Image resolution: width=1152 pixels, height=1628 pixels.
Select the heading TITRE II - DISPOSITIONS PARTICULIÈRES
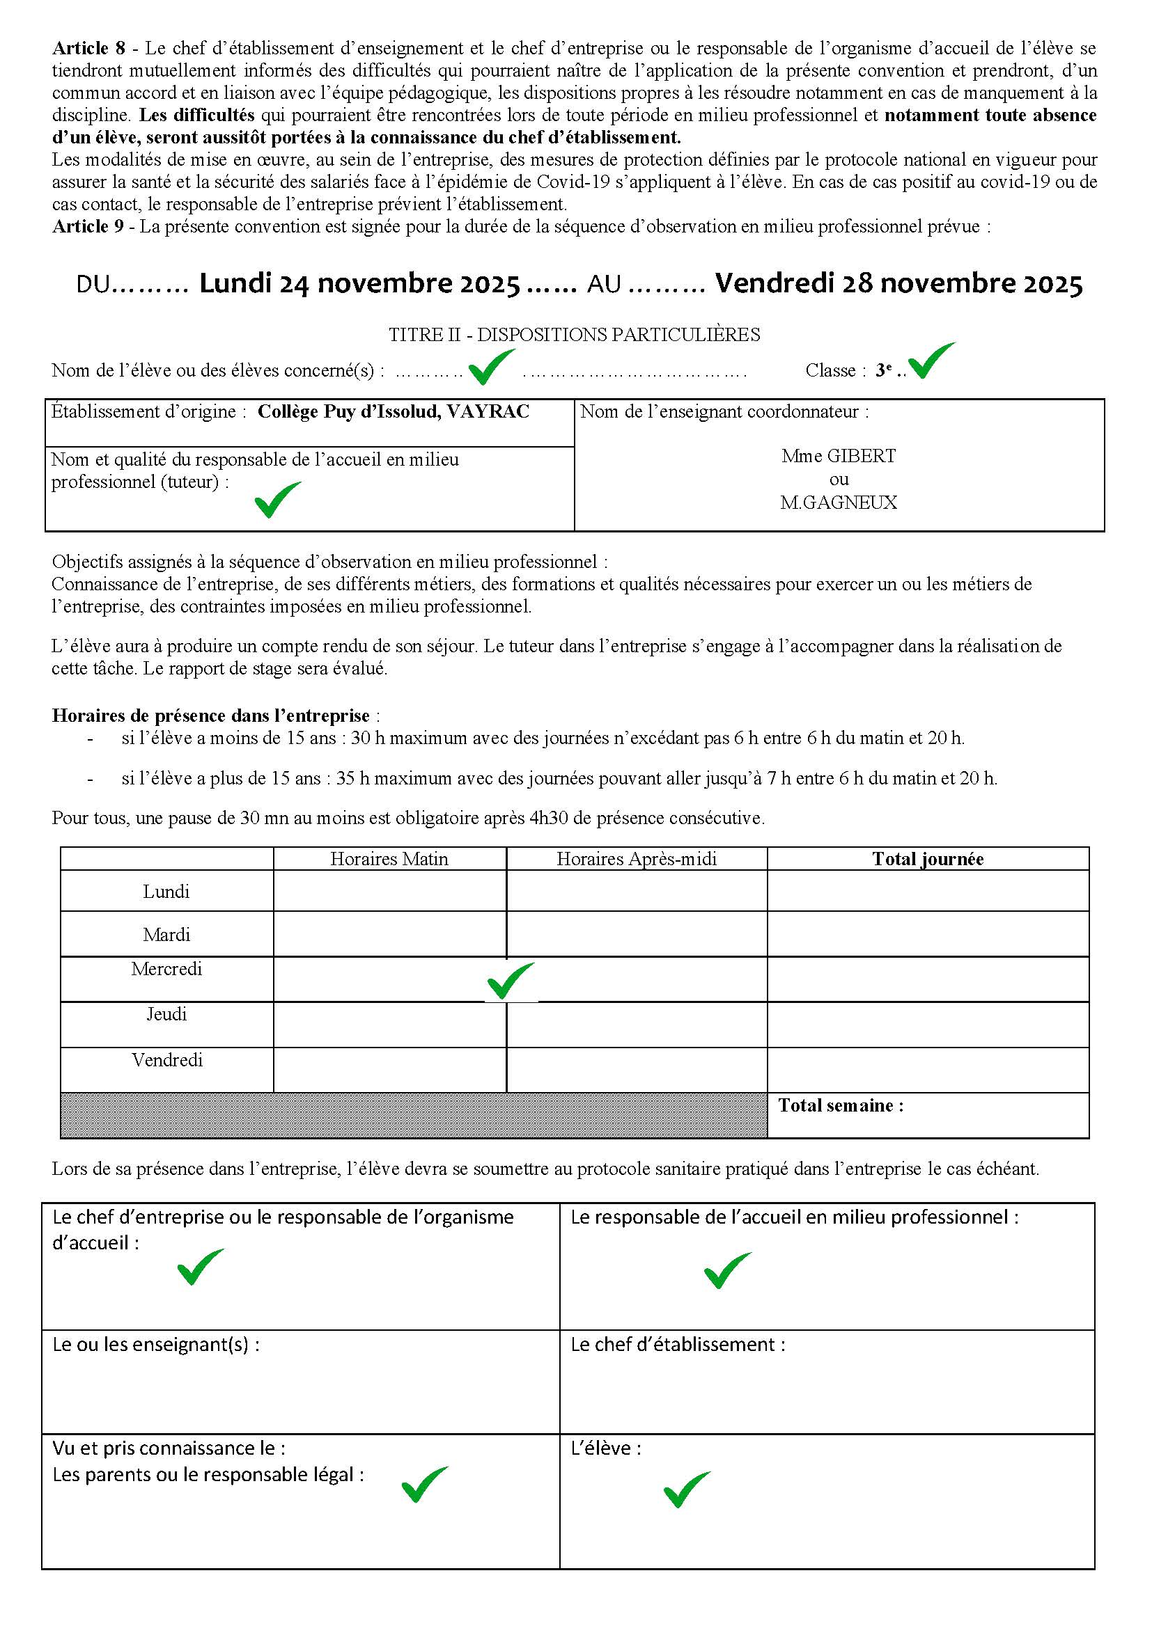(x=574, y=335)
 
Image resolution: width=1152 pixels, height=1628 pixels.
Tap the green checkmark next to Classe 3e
(x=931, y=362)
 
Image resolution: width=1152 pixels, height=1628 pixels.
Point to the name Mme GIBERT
(x=839, y=456)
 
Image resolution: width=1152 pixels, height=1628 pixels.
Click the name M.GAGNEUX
(x=839, y=503)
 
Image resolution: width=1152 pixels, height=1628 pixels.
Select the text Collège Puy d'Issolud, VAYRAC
(x=393, y=412)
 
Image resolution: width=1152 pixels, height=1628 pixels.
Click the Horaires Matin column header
(x=389, y=860)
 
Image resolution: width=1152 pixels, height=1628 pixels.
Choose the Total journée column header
(x=927, y=860)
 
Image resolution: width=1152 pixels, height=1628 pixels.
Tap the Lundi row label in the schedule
(x=166, y=892)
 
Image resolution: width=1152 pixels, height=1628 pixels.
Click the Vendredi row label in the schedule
(x=166, y=1060)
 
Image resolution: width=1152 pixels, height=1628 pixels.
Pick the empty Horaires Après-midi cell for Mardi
(x=637, y=934)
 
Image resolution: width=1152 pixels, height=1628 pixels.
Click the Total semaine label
(x=841, y=1105)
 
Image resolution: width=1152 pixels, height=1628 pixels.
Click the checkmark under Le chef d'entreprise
(x=200, y=1267)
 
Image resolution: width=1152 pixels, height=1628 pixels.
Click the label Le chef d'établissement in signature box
(x=678, y=1345)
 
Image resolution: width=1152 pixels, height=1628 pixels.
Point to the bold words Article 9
(x=88, y=227)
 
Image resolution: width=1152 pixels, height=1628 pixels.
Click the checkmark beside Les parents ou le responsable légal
(x=424, y=1484)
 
